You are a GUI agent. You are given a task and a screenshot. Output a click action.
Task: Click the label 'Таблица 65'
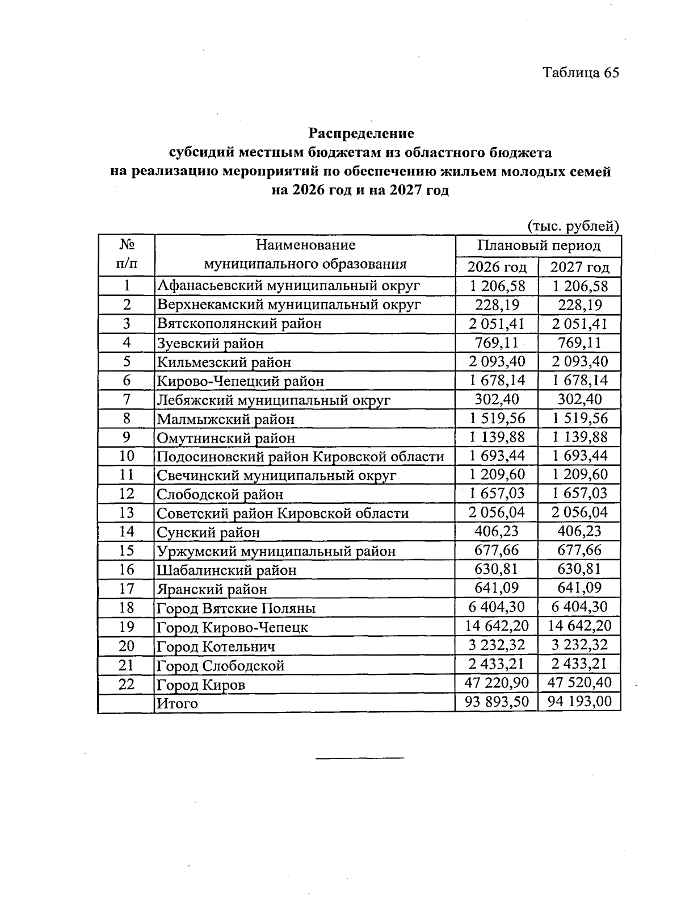pos(580,73)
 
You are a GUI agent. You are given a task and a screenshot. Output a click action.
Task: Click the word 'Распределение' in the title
pos(361,133)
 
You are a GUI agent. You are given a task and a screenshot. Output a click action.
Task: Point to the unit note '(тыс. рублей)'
pos(573,226)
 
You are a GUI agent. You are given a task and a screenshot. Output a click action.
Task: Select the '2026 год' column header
pos(497,267)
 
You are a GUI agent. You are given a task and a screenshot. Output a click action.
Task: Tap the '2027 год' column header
pos(579,267)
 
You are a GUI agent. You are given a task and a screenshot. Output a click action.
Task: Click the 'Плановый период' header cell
pos(538,245)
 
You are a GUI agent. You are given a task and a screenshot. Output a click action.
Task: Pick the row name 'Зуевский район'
pos(210,343)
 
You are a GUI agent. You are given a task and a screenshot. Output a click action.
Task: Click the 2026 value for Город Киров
pos(497,682)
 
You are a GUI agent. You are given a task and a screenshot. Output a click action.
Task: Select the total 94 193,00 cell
pos(579,702)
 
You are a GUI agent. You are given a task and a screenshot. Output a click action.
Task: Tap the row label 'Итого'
pos(177,703)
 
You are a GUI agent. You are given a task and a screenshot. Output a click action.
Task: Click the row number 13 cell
pos(126,512)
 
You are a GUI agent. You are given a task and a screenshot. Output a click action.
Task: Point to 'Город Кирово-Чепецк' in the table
pos(232,627)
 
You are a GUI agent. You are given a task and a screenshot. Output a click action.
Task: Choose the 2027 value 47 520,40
pos(579,682)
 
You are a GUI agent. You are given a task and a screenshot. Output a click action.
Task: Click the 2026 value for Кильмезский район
pos(497,361)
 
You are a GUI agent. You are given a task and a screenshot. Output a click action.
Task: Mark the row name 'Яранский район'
pos(212,589)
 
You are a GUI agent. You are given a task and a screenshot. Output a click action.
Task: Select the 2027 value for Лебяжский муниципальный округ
pos(579,399)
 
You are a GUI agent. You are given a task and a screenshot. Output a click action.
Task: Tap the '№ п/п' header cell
pos(126,255)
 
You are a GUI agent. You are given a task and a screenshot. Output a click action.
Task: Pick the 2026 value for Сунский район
pos(497,531)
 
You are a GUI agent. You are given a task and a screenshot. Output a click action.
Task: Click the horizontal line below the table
pos(360,758)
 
